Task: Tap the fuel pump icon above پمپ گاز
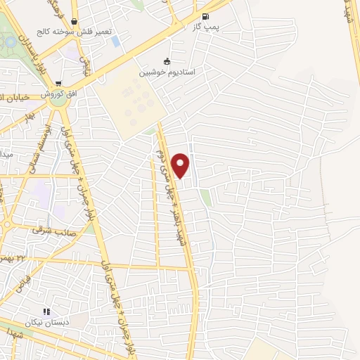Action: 205,16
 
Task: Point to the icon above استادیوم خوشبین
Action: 167,60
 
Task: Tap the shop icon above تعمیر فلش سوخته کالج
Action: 94,21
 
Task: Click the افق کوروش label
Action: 58,93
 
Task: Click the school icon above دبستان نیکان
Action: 46,311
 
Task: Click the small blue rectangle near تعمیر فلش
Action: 116,41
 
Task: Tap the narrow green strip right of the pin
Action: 205,198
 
